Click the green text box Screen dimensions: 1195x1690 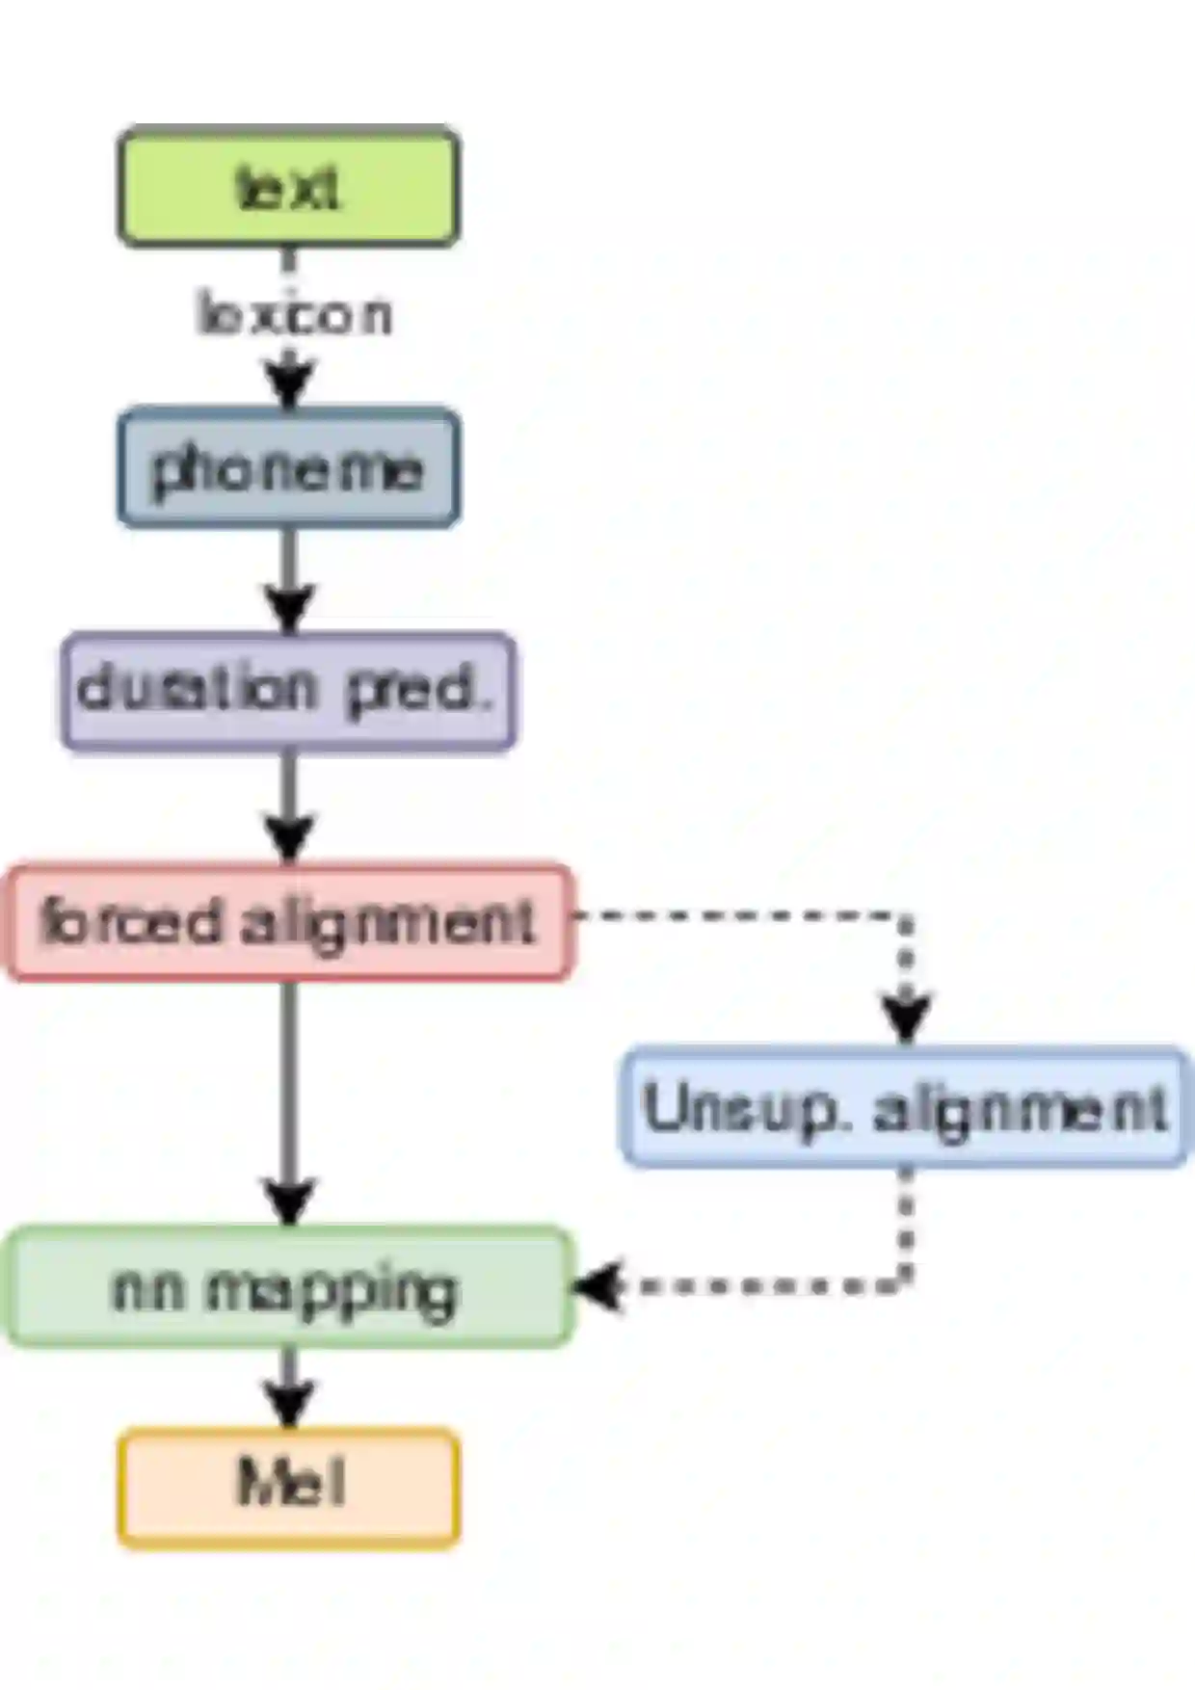tap(288, 186)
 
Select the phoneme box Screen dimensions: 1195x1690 tap(288, 469)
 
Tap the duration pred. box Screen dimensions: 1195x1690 tap(288, 691)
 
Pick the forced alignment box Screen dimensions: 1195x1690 tap(288, 922)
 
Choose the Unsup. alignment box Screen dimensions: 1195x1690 tap(904, 1107)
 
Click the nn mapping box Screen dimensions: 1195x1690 tap(288, 1287)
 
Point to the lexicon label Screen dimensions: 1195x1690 tap(294, 315)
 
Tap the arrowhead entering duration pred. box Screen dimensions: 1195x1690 tap(289, 609)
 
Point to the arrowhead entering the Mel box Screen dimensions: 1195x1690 tap(289, 1405)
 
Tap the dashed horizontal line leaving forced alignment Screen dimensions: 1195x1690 tap(732, 915)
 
